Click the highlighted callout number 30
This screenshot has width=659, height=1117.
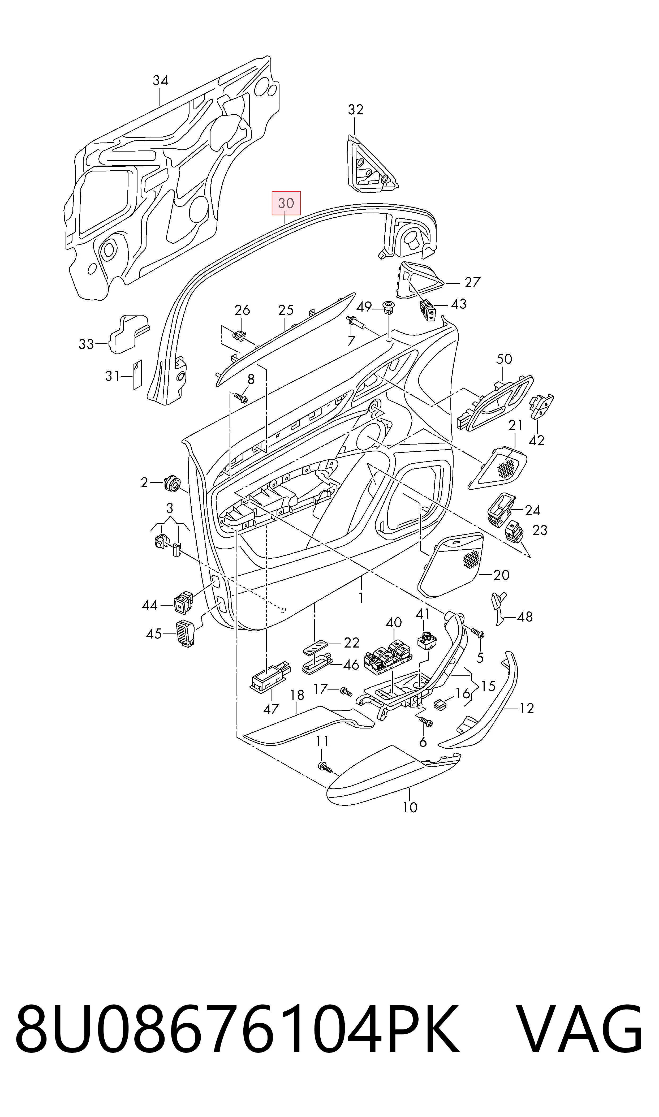pyautogui.click(x=286, y=203)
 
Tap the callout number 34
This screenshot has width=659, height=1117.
pyautogui.click(x=160, y=80)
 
